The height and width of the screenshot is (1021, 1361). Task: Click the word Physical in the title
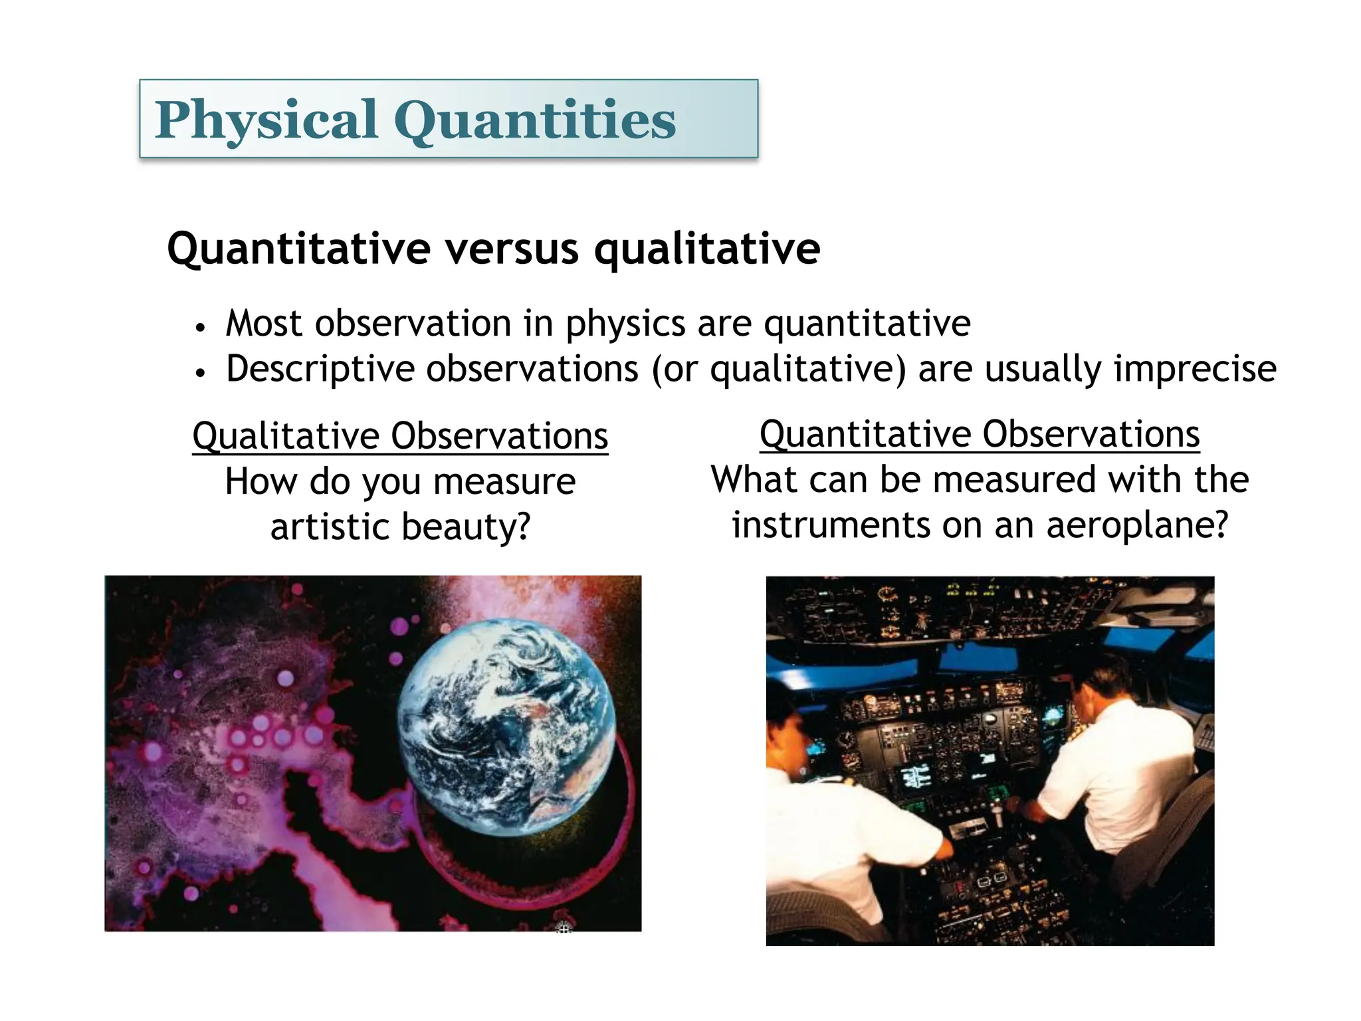click(266, 120)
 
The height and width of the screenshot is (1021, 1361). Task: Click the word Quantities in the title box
click(534, 120)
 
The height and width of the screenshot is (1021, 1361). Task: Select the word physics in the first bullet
click(625, 324)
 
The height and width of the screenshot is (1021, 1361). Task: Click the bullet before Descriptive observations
click(200, 373)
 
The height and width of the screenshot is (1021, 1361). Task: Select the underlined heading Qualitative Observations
click(400, 436)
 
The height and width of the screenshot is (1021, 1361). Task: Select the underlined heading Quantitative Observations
click(980, 434)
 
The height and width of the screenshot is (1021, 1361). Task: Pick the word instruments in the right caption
click(831, 524)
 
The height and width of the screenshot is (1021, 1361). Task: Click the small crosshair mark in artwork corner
click(563, 927)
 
